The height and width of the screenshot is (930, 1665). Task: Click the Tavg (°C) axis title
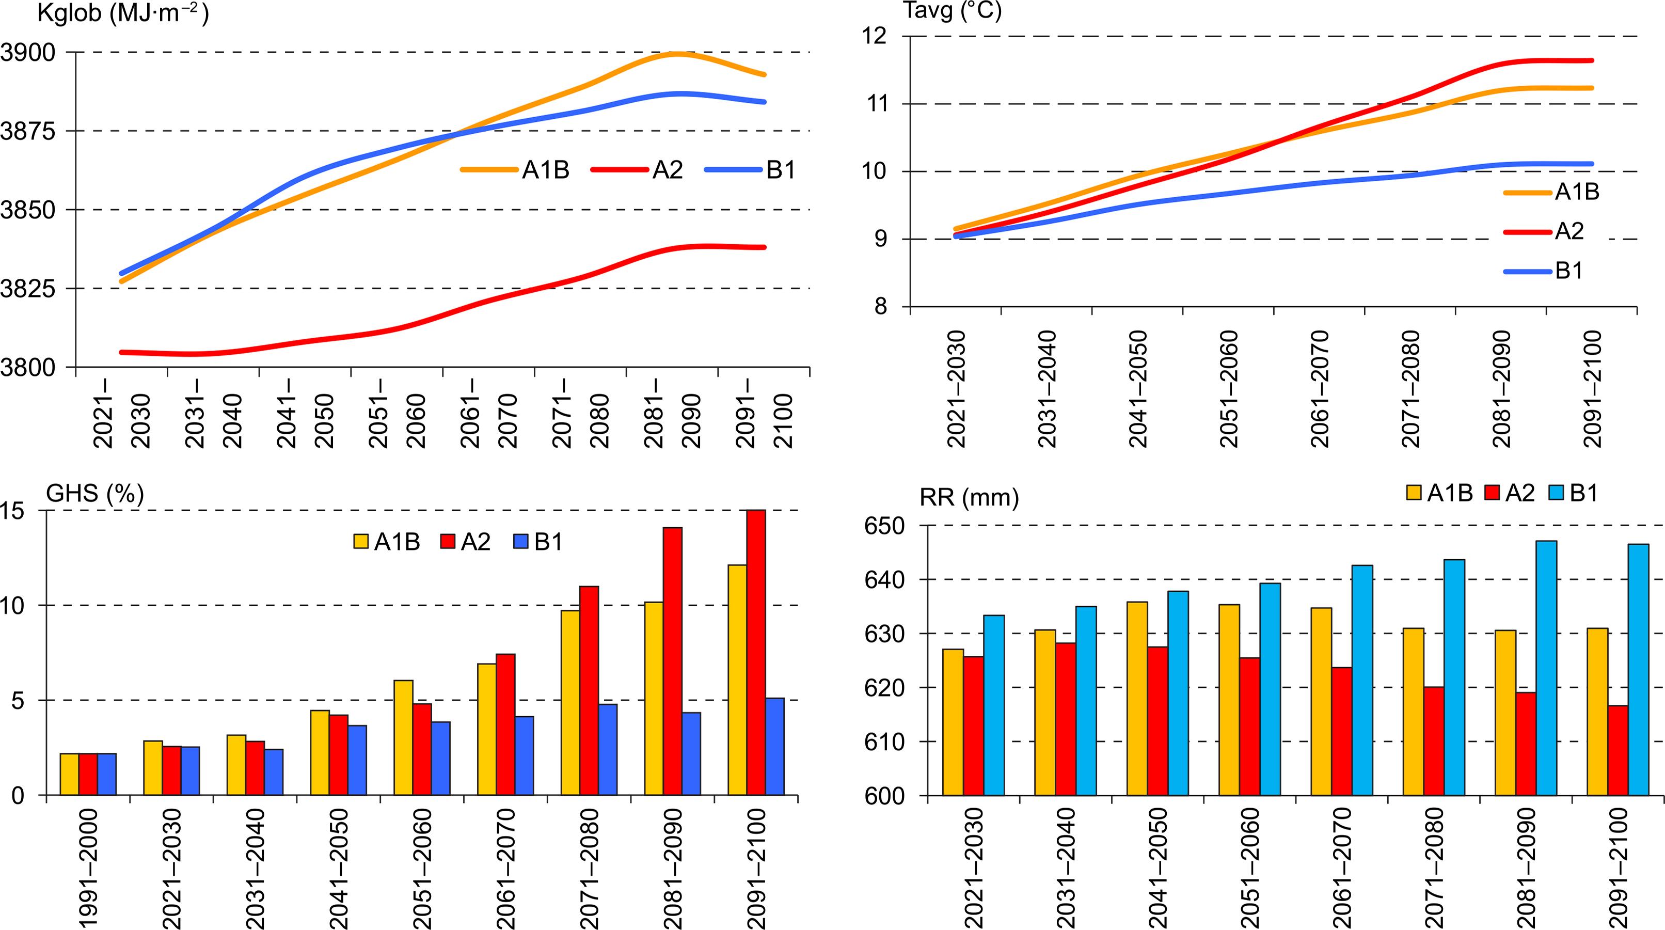pos(952,11)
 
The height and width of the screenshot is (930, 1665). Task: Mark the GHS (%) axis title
pos(95,494)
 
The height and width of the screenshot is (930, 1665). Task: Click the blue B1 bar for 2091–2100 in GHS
pos(774,747)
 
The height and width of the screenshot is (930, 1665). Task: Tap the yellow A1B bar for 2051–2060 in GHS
pos(403,737)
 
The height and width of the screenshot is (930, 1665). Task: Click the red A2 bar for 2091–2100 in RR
pos(1618,750)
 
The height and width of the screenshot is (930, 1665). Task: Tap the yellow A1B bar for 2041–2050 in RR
pos(1137,698)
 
